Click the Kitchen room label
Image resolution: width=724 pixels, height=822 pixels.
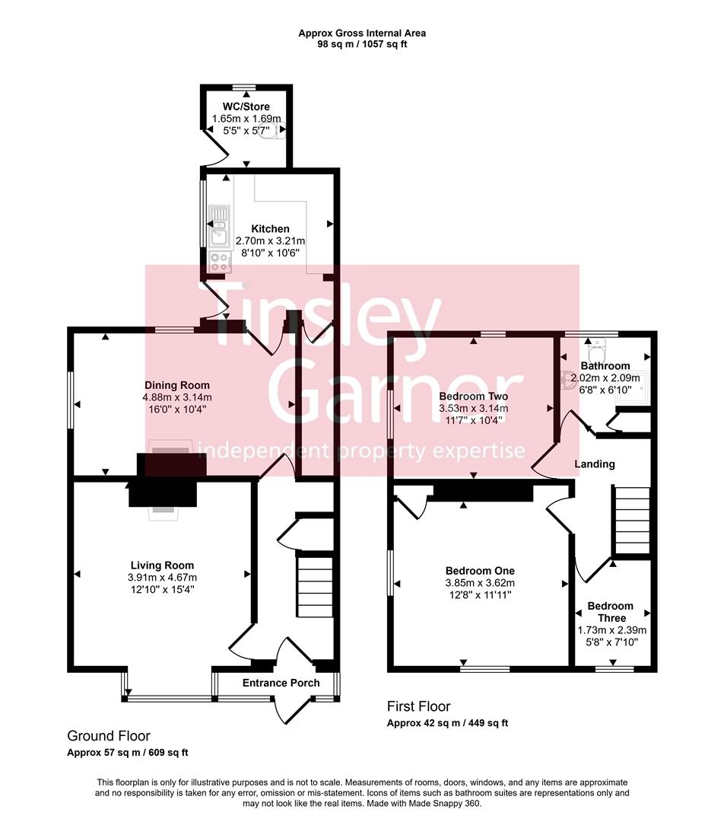coord(270,228)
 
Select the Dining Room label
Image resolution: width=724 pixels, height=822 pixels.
coord(176,385)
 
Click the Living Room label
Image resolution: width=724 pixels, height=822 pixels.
coord(162,565)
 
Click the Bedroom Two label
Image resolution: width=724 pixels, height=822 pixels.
coord(473,397)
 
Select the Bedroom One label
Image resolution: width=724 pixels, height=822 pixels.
coord(480,571)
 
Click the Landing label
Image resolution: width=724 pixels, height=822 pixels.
coord(594,464)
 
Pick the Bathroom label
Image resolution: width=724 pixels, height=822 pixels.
coord(605,366)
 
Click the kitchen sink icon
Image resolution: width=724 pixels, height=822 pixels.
coord(219,225)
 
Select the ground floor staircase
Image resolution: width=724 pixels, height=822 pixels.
coord(314,586)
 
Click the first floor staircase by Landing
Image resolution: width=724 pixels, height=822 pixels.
coord(632,521)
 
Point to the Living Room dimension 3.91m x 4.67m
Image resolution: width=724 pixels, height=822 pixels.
coord(162,578)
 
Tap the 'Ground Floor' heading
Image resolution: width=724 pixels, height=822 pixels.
coord(109,736)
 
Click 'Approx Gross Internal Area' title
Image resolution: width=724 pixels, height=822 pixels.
coord(361,33)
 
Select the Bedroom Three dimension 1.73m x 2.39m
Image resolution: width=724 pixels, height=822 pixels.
coord(612,630)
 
